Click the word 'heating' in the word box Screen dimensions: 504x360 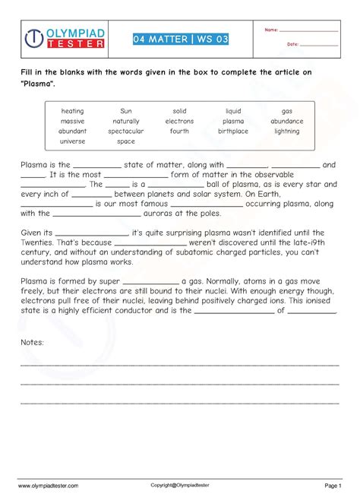pos(73,111)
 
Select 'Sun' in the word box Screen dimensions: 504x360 pos(125,111)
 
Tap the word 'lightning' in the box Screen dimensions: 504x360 pos(286,131)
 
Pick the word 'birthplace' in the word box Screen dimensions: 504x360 pos(233,131)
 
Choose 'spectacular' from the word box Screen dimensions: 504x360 pos(125,131)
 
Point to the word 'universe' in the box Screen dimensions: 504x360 pos(73,141)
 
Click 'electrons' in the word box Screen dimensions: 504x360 pos(179,121)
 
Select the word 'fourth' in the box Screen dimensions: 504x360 pos(179,131)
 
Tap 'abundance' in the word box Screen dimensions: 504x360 pos(286,121)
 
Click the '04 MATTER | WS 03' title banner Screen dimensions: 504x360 pos(180,39)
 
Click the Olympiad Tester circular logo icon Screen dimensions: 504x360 pos(33,40)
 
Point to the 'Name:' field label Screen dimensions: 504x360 pos(271,30)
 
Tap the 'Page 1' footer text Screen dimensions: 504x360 pos(334,484)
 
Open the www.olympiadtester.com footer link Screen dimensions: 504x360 pos(49,484)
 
